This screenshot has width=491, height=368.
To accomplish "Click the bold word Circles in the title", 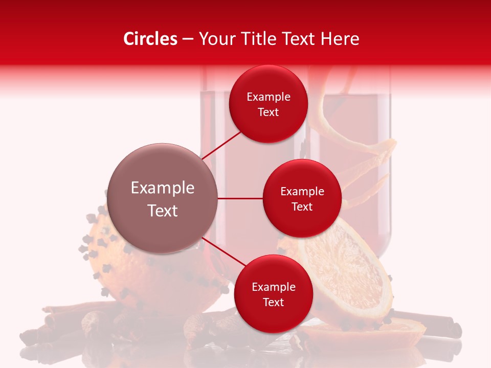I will (150, 39).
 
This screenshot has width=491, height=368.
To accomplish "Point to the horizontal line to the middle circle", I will (240, 198).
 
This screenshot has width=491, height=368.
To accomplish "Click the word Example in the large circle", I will (163, 188).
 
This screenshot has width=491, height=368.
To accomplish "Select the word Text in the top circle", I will (269, 112).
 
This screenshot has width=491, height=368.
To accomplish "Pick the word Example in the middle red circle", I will (302, 192).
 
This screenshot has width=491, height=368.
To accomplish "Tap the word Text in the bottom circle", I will (273, 302).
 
